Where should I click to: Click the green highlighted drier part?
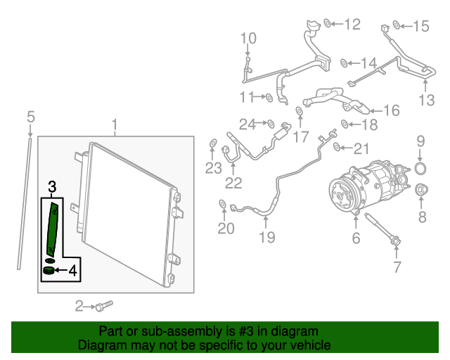[53, 229]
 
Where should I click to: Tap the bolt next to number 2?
[104, 307]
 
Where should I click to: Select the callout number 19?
[267, 237]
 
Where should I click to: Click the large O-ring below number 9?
[420, 168]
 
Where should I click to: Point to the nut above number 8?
[422, 189]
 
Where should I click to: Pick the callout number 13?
[427, 100]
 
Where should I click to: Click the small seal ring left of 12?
[327, 23]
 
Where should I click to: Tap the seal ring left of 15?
[397, 25]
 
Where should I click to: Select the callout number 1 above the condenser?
[115, 125]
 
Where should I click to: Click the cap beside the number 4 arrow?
[49, 271]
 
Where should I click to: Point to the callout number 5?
[31, 117]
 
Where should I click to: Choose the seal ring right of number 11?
[269, 98]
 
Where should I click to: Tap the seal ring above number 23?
[212, 143]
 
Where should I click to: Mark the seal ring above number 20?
[222, 204]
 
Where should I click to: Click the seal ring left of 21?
[337, 147]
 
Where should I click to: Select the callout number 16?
[392, 110]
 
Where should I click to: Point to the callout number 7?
[397, 267]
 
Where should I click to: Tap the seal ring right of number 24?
[271, 124]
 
